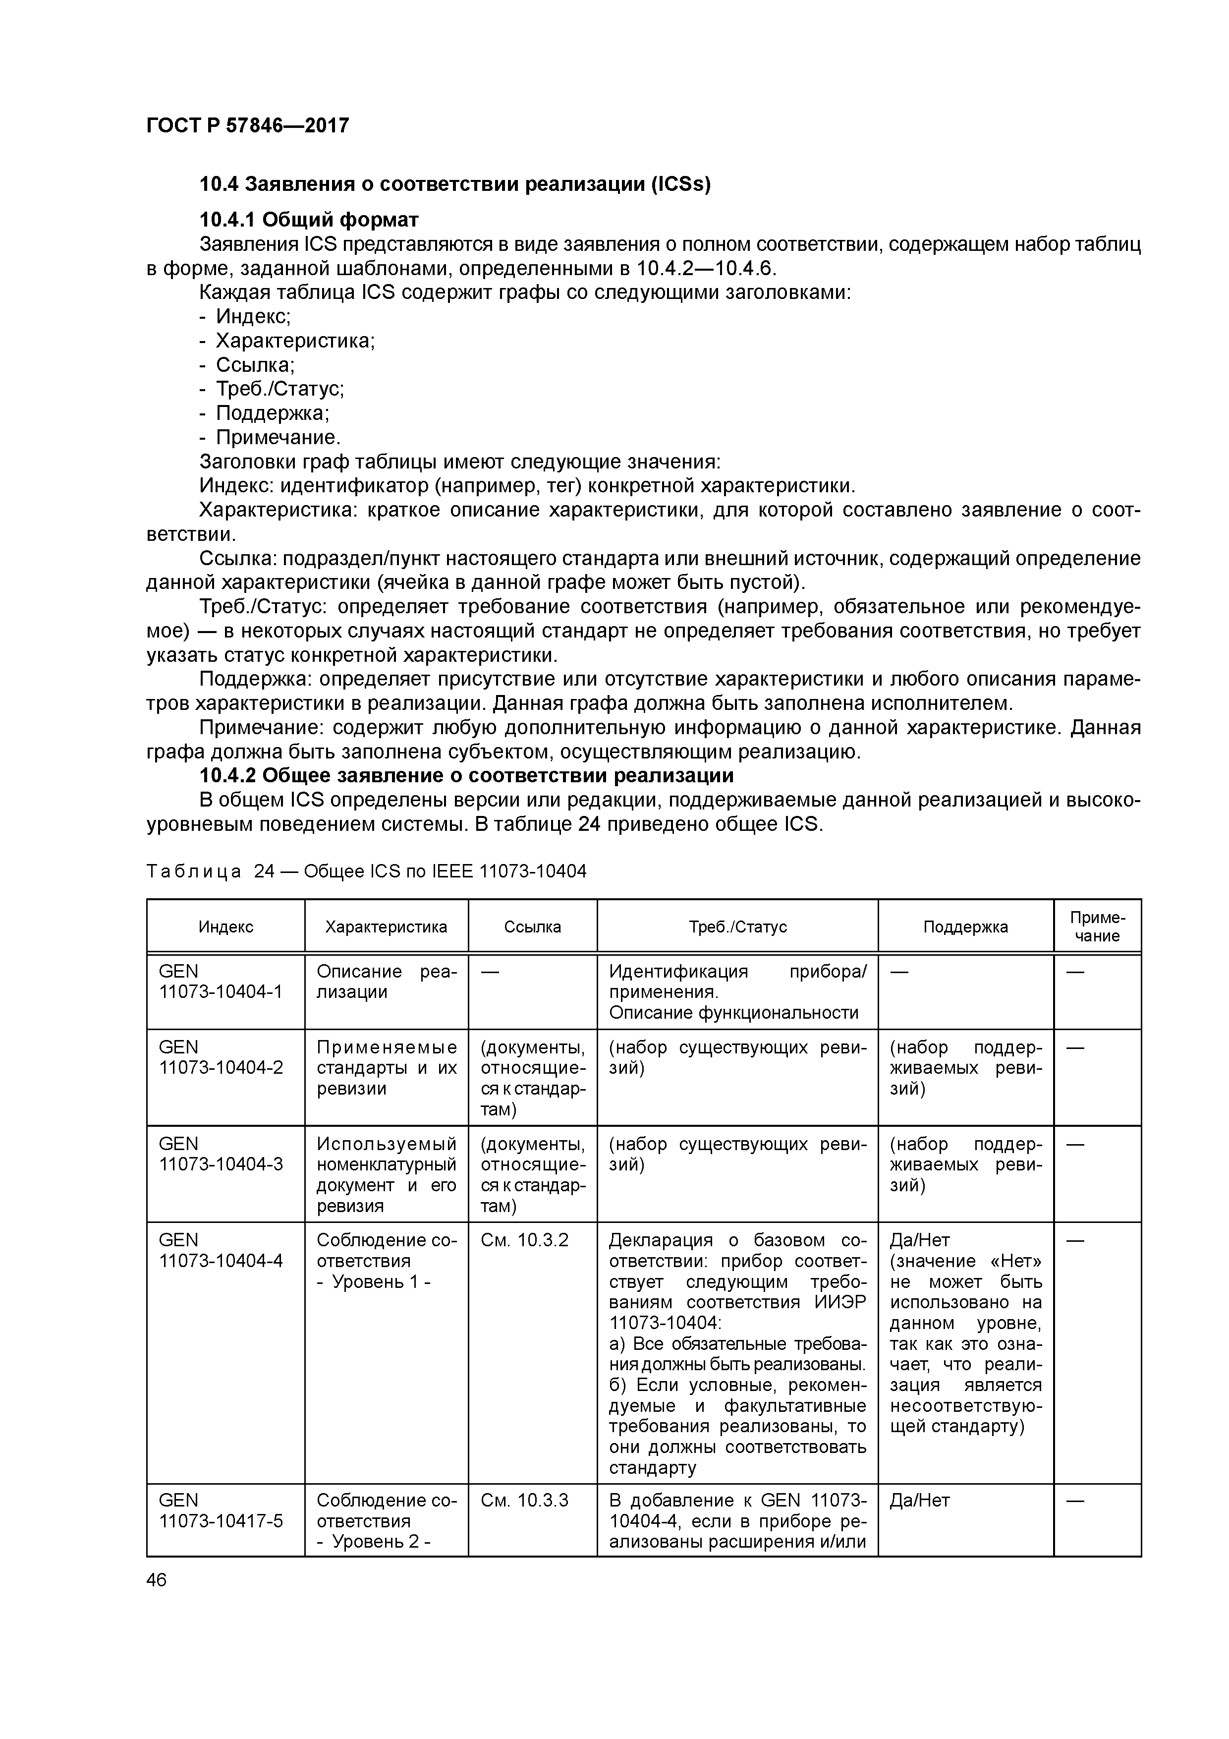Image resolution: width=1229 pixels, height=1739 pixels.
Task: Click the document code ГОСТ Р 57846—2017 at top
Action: click(248, 126)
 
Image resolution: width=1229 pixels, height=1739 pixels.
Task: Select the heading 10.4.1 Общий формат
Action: click(308, 220)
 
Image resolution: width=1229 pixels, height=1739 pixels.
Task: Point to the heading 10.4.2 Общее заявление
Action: click(466, 776)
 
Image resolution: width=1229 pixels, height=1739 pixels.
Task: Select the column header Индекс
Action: click(225, 927)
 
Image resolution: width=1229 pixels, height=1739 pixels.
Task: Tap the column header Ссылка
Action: click(532, 927)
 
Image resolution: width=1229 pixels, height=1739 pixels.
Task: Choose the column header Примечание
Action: click(1097, 927)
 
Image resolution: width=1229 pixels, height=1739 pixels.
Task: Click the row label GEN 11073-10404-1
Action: click(221, 982)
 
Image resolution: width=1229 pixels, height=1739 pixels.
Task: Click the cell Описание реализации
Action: click(386, 982)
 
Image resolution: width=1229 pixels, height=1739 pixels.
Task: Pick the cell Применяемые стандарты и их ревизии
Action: click(386, 1068)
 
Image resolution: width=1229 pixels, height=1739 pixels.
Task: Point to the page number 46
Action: click(157, 1580)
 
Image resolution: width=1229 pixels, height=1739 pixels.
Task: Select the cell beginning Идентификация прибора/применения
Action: click(737, 992)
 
